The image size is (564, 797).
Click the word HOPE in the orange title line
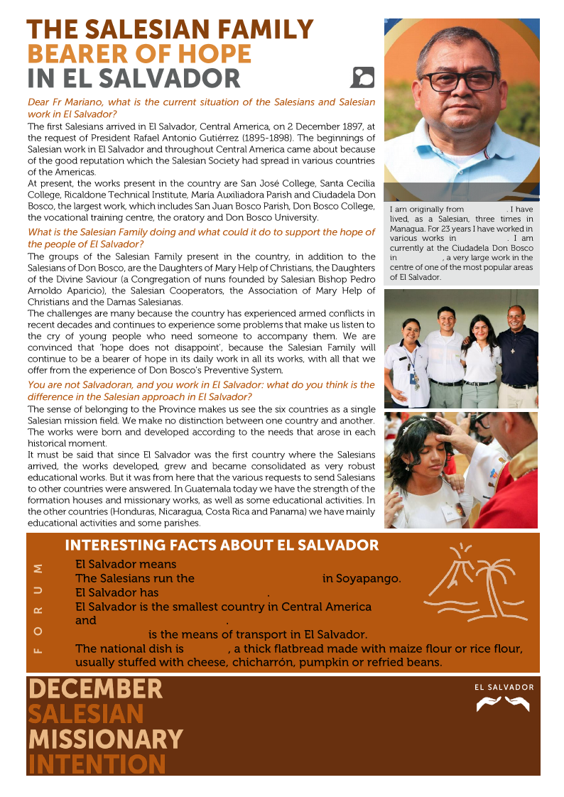[x=212, y=54]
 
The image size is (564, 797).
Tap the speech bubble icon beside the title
[x=362, y=77]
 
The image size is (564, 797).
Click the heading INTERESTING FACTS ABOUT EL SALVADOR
[x=222, y=546]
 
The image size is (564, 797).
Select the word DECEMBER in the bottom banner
[x=95, y=689]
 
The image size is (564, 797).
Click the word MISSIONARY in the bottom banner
[x=105, y=739]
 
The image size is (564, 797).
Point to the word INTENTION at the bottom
[x=97, y=764]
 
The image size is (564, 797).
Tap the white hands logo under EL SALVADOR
[x=502, y=704]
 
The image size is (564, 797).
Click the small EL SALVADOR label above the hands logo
[x=504, y=687]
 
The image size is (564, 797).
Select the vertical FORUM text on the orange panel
[x=38, y=608]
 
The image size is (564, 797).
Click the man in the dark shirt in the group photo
[x=516, y=355]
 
